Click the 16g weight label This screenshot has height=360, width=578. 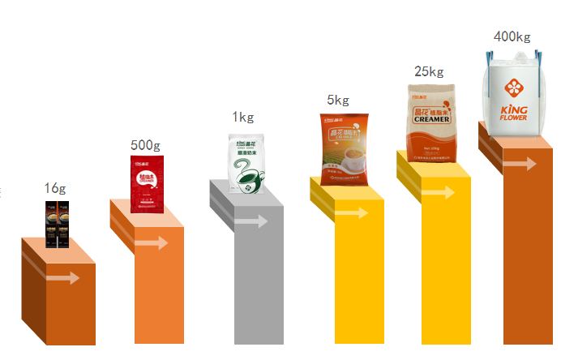click(54, 188)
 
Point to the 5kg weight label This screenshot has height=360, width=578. click(338, 100)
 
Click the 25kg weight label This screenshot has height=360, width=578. click(429, 71)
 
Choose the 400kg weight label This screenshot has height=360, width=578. click(512, 36)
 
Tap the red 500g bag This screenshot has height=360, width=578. click(147, 183)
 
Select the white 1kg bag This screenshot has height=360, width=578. click(246, 165)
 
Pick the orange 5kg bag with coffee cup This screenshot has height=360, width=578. click(344, 149)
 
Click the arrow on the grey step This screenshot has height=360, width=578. click(251, 221)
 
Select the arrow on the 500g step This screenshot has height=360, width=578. click(152, 242)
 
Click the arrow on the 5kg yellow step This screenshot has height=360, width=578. click(350, 213)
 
